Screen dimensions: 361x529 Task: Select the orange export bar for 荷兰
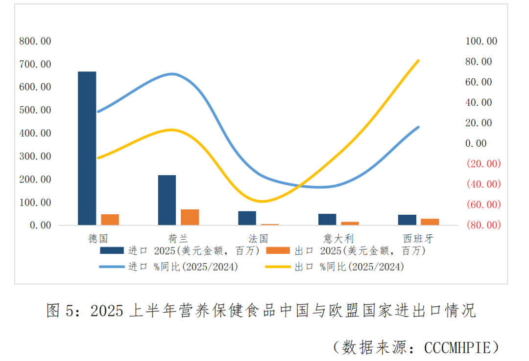(x=190, y=217)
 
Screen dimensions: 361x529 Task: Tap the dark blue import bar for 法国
(x=247, y=218)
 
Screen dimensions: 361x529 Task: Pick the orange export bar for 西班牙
(x=430, y=222)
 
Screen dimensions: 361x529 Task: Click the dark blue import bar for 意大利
(x=327, y=219)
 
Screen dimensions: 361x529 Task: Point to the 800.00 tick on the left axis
(x=35, y=41)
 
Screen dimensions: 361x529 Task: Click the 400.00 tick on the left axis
(x=35, y=133)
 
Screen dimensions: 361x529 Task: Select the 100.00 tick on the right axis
(x=481, y=41)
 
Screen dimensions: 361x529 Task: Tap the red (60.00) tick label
(x=483, y=204)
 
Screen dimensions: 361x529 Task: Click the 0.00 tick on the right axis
(x=476, y=143)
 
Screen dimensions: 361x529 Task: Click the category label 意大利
(x=338, y=239)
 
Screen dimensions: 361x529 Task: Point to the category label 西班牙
(x=418, y=239)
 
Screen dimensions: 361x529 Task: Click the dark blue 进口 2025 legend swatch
(x=112, y=251)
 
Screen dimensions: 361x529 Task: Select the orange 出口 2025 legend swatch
(x=278, y=251)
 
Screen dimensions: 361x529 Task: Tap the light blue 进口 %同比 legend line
(x=112, y=267)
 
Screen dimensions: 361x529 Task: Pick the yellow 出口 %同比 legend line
(x=278, y=267)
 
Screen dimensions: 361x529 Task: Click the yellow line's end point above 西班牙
(x=418, y=61)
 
